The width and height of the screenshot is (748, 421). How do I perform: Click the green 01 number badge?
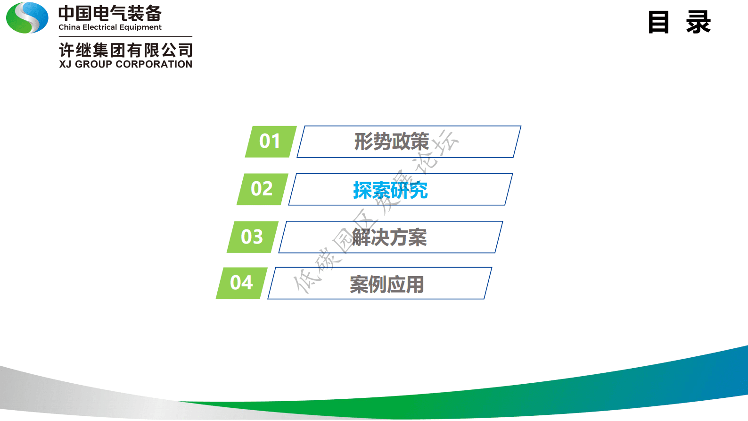pos(270,141)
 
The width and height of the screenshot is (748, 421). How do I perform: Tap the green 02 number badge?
pos(262,189)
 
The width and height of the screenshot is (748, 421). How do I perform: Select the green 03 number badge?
pos(252,236)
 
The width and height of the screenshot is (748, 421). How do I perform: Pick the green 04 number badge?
pos(241,283)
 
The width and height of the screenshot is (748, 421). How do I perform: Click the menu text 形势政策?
pos(391,142)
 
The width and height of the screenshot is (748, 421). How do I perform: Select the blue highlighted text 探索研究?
pos(390,190)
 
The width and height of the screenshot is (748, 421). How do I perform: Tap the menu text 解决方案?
pos(389,237)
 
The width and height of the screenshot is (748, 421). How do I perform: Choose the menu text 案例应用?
pos(386,284)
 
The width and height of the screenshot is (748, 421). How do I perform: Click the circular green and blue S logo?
pos(27,18)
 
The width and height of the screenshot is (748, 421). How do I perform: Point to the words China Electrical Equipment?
pos(110,27)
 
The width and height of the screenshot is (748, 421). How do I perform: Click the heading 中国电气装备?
pos(110,13)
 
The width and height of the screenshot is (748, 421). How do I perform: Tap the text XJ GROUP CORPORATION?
pos(125,64)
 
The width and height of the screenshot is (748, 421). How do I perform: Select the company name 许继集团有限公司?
pos(125,50)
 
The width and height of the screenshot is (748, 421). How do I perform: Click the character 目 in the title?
pos(658,22)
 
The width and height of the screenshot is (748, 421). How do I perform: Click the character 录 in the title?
pos(698,22)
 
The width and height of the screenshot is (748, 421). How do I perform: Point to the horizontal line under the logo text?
pos(125,36)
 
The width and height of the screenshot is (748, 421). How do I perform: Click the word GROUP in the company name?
pos(93,64)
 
